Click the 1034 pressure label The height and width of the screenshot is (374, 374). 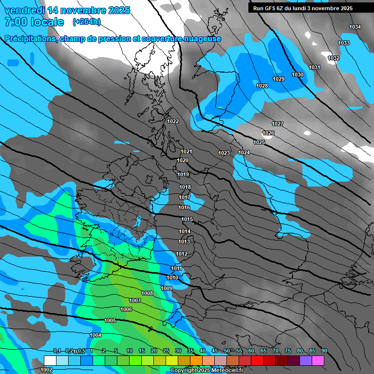[x=355, y=27]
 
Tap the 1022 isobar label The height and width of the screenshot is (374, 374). [x=173, y=121]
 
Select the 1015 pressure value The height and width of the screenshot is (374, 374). [x=187, y=219]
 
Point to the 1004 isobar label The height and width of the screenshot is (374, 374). [x=95, y=335]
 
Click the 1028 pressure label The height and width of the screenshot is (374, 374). [x=262, y=86]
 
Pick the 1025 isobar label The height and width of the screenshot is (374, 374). [x=259, y=142]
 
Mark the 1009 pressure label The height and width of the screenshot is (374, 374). [x=167, y=288]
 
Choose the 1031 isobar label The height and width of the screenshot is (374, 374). [x=315, y=67]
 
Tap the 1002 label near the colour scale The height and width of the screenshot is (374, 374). [x=46, y=370]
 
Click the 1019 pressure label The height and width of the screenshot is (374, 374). [x=184, y=174]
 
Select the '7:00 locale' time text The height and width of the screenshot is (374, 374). [x=34, y=22]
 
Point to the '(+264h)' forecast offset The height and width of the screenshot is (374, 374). [x=87, y=22]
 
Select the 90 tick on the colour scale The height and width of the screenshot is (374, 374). [x=324, y=351]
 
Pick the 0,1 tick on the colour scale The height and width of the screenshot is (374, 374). [x=56, y=351]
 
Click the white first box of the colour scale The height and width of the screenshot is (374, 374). [x=50, y=360]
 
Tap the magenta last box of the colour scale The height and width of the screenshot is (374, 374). [x=318, y=360]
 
